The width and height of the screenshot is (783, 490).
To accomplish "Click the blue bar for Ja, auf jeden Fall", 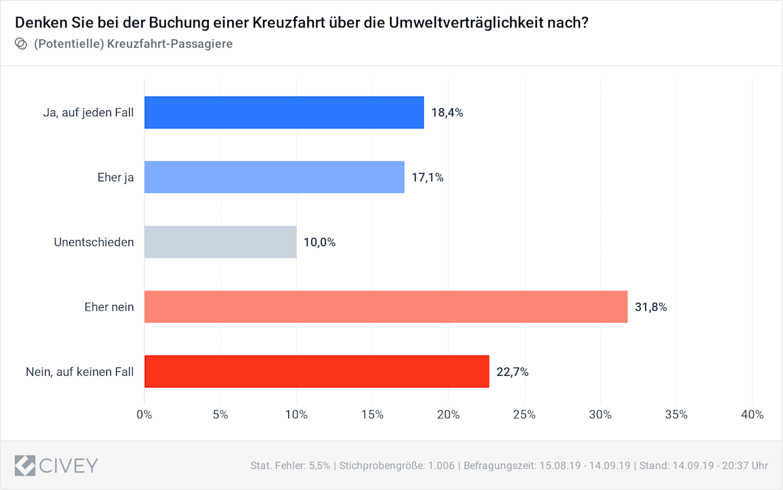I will (x=284, y=112).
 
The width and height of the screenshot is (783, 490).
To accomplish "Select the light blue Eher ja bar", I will (x=274, y=177).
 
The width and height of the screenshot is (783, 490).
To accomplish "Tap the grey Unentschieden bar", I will (x=221, y=242).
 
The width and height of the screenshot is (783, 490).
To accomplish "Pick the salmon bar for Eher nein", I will (x=386, y=307).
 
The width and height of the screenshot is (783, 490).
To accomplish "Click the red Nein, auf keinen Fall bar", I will (x=316, y=371).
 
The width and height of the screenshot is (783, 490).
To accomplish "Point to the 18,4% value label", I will (x=447, y=113).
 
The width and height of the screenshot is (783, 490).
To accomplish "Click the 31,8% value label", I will (x=651, y=307).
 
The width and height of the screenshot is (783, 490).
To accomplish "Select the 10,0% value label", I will (x=320, y=243).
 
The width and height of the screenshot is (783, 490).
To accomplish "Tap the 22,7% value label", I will (x=512, y=372).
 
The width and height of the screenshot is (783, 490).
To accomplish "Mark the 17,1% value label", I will (x=427, y=177).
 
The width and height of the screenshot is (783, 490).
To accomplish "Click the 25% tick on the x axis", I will (x=524, y=415).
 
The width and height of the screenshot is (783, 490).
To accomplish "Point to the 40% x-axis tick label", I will (x=752, y=415).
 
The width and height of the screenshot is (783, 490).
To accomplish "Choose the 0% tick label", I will (x=144, y=415).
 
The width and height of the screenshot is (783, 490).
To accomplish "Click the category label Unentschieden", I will (x=94, y=243).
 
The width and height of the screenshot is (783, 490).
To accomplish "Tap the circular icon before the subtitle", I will (x=20, y=44).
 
